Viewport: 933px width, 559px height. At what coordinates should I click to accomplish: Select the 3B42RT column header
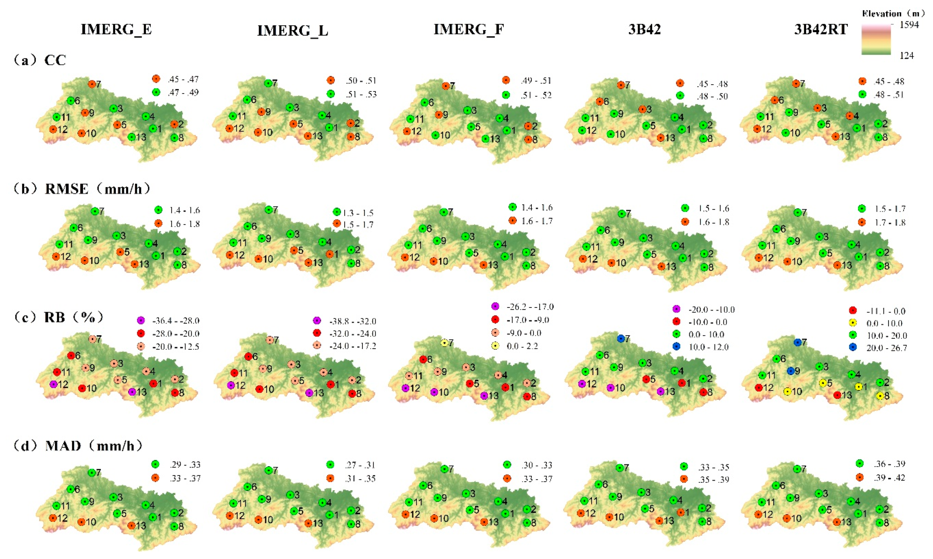(821, 29)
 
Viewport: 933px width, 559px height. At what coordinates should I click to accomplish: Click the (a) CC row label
(40, 60)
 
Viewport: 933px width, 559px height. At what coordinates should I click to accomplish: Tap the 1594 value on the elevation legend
(909, 25)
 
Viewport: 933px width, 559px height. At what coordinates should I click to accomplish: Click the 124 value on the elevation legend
(906, 56)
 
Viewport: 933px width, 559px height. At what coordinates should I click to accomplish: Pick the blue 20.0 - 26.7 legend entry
(879, 348)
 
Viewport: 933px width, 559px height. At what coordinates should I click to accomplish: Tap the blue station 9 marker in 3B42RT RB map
(790, 371)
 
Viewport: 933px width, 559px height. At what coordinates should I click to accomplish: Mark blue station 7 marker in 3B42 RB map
(621, 339)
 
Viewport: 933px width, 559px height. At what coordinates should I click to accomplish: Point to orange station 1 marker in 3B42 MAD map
(681, 512)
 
